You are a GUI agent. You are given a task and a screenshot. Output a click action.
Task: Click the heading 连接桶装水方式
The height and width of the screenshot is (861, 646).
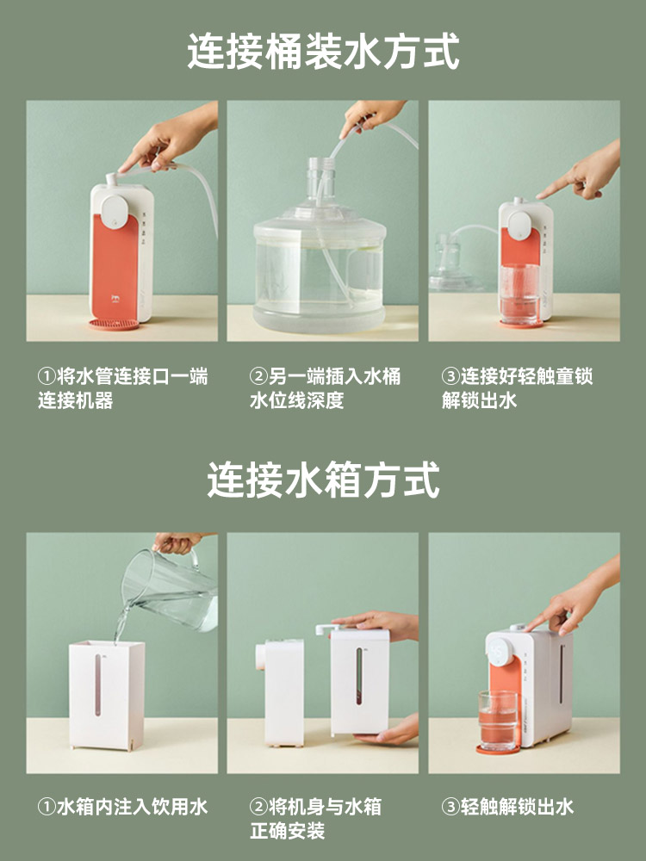pyautogui.click(x=323, y=52)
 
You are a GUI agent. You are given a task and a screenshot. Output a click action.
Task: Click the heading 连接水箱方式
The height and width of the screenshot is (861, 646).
pyautogui.click(x=323, y=480)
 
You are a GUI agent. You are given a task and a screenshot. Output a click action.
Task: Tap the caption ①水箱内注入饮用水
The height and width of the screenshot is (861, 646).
pyautogui.click(x=122, y=807)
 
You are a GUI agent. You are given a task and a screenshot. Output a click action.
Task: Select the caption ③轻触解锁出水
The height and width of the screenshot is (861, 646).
pyautogui.click(x=507, y=807)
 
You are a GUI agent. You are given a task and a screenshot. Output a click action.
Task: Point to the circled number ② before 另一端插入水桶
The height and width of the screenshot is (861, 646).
pyautogui.click(x=258, y=377)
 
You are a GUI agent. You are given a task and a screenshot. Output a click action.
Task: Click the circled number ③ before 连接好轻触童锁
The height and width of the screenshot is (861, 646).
pyautogui.click(x=450, y=377)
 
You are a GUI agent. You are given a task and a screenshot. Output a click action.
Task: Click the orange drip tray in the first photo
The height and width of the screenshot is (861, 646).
pyautogui.click(x=115, y=325)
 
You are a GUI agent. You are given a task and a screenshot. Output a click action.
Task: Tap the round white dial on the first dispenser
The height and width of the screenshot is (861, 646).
pyautogui.click(x=115, y=210)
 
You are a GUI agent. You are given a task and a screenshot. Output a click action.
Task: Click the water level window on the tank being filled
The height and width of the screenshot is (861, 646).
pyautogui.click(x=98, y=684)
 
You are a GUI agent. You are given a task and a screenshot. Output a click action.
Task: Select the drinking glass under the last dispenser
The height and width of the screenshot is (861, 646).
pyautogui.click(x=498, y=720)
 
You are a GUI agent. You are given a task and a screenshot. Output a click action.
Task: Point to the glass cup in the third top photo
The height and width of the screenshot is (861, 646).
pyautogui.click(x=519, y=294)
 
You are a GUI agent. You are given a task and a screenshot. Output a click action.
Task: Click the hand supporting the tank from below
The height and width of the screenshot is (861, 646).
pyautogui.click(x=388, y=730)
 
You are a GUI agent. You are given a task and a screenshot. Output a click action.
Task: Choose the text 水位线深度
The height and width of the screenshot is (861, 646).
pyautogui.click(x=296, y=400)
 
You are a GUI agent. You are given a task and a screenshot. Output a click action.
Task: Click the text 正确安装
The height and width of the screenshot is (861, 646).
pyautogui.click(x=288, y=831)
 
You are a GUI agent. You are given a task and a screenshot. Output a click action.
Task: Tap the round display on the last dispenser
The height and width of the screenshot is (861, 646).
pyautogui.click(x=500, y=653)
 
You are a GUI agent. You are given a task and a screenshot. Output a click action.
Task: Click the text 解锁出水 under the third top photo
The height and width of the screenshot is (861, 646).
pyautogui.click(x=479, y=400)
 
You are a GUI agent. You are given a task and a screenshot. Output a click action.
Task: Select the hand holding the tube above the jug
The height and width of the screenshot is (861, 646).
pyautogui.click(x=371, y=116)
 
